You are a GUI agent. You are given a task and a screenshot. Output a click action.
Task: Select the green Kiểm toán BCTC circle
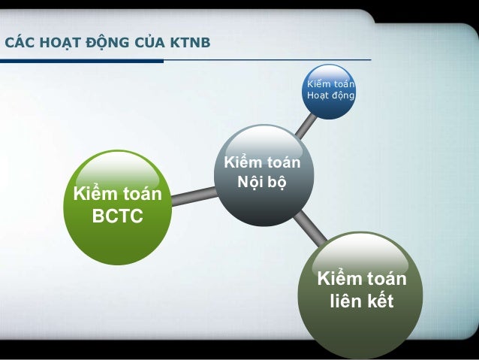click(x=117, y=207)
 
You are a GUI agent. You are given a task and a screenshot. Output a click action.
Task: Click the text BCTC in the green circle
click(x=117, y=218)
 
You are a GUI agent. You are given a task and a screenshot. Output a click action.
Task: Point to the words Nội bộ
click(x=262, y=181)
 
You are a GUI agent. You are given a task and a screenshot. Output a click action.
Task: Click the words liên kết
click(x=362, y=304)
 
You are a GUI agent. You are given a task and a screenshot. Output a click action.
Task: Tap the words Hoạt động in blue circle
click(x=330, y=96)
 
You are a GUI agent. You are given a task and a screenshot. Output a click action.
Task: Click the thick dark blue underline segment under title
click(x=82, y=61)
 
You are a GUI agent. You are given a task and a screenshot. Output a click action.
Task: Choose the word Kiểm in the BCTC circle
click(x=94, y=195)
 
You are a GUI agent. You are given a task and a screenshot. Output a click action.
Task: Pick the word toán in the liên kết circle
click(x=386, y=280)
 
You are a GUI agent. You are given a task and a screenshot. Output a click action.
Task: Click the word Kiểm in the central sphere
click(x=242, y=162)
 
